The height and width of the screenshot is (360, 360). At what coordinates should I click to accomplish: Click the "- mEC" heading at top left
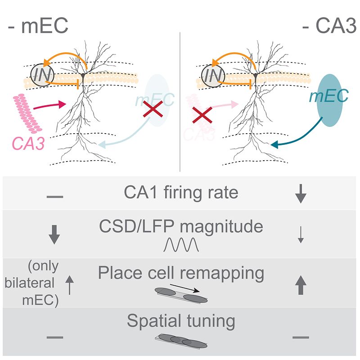pyautogui.click(x=38, y=26)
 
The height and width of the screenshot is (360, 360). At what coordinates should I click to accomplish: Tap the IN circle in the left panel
pyautogui.click(x=42, y=75)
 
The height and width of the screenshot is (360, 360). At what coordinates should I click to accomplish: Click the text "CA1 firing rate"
pyautogui.click(x=181, y=193)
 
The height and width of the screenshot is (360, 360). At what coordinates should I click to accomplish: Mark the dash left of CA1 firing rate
pyautogui.click(x=54, y=197)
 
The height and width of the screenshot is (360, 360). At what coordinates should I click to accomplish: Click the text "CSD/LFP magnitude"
pyautogui.click(x=181, y=226)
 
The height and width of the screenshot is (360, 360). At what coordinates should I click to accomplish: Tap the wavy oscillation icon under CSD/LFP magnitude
pyautogui.click(x=180, y=245)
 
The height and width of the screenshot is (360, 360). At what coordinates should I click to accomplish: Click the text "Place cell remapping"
pyautogui.click(x=181, y=273)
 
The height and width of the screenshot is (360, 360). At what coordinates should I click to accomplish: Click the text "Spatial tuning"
pyautogui.click(x=181, y=321)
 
